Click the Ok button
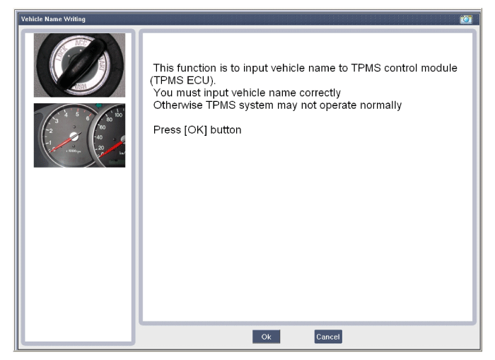(x=266, y=337)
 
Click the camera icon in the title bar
(x=466, y=19)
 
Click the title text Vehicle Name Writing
(x=53, y=19)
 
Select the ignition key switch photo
(x=79, y=65)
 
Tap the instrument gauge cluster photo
(x=79, y=135)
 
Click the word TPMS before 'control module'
(x=366, y=68)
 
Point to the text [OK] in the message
(x=195, y=130)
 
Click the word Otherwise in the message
(x=177, y=105)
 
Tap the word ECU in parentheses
(x=198, y=80)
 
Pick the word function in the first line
(x=196, y=68)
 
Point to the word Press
(x=167, y=130)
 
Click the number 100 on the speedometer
(x=118, y=115)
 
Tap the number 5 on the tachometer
(x=77, y=114)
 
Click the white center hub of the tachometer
(x=74, y=137)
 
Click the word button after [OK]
(x=226, y=130)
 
